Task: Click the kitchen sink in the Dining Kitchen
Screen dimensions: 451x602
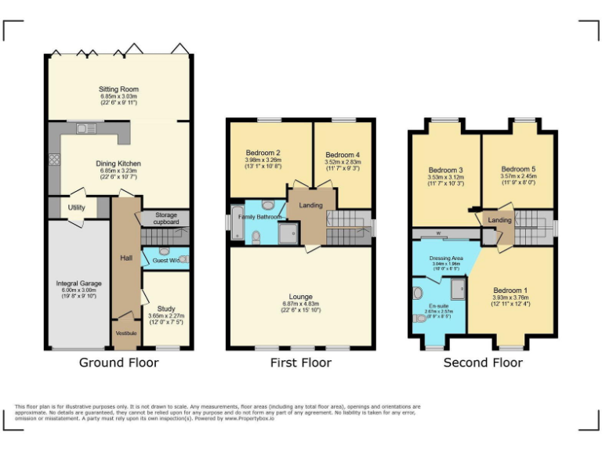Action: [86, 128]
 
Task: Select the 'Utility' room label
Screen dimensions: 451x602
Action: [76, 207]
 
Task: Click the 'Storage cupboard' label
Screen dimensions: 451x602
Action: [166, 218]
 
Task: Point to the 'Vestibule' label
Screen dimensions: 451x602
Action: [126, 333]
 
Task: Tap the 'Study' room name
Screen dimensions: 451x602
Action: [165, 308]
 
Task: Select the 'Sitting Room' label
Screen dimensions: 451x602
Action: [118, 89]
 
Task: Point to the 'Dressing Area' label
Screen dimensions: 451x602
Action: [446, 258]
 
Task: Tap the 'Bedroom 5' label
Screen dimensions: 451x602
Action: [518, 168]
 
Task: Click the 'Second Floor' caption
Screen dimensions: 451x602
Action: [483, 363]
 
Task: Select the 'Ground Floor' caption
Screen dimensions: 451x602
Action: [118, 363]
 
